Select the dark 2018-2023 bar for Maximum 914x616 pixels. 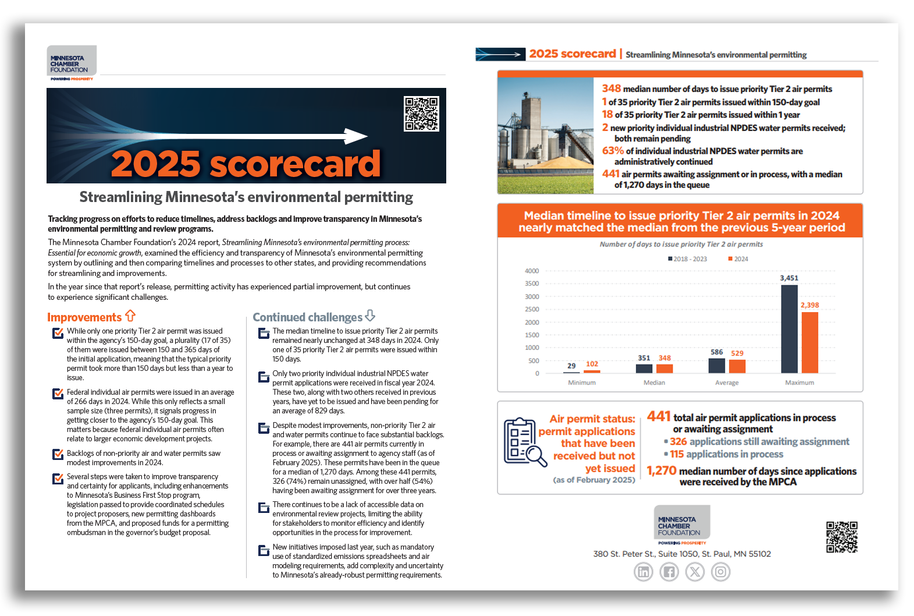[789, 328]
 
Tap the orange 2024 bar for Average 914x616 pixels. [737, 366]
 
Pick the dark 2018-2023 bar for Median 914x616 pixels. [644, 368]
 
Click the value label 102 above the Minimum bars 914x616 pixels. [592, 364]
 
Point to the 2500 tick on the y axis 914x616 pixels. [532, 309]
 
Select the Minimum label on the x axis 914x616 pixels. [582, 383]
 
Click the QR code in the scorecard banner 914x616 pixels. [421, 114]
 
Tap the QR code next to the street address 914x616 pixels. [841, 537]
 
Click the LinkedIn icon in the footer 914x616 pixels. [643, 572]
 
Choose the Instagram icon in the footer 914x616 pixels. [720, 572]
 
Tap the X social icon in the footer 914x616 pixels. [695, 572]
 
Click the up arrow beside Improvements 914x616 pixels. [130, 316]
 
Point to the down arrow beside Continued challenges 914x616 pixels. [370, 316]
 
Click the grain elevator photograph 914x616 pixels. [546, 136]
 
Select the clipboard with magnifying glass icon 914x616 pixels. [524, 441]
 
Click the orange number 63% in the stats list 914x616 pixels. [613, 150]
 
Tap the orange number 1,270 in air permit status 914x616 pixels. [662, 470]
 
